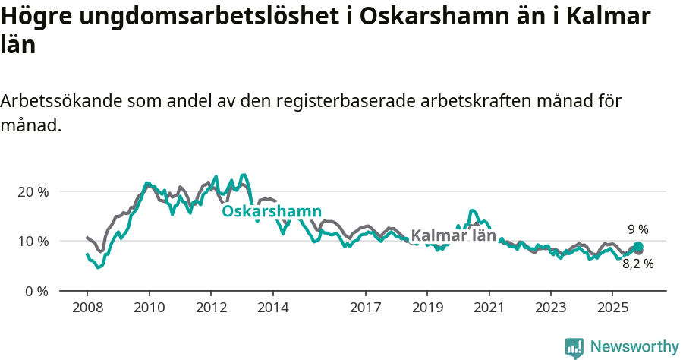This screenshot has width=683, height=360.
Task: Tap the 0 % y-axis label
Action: click(36, 292)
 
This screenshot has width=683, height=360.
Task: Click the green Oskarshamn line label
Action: click(272, 211)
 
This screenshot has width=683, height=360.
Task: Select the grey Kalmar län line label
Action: click(453, 236)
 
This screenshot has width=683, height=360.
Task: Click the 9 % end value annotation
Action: click(638, 229)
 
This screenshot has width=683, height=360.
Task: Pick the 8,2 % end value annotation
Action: click(638, 264)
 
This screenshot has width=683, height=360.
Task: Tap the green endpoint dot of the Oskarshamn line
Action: click(638, 246)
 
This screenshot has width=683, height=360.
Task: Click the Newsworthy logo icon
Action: click(574, 347)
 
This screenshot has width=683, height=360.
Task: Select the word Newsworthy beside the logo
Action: click(634, 347)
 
